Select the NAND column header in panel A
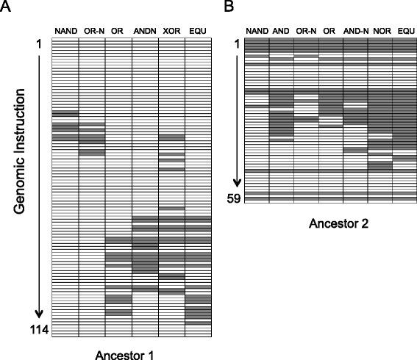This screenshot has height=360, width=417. coord(65,30)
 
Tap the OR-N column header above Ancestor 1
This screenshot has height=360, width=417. coord(91,30)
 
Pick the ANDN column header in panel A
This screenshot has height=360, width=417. coord(144,30)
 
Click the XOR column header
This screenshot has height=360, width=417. coord(171,30)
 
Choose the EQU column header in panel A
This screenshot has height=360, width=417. coord(197,30)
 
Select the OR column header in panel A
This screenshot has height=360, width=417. coord(118,30)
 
